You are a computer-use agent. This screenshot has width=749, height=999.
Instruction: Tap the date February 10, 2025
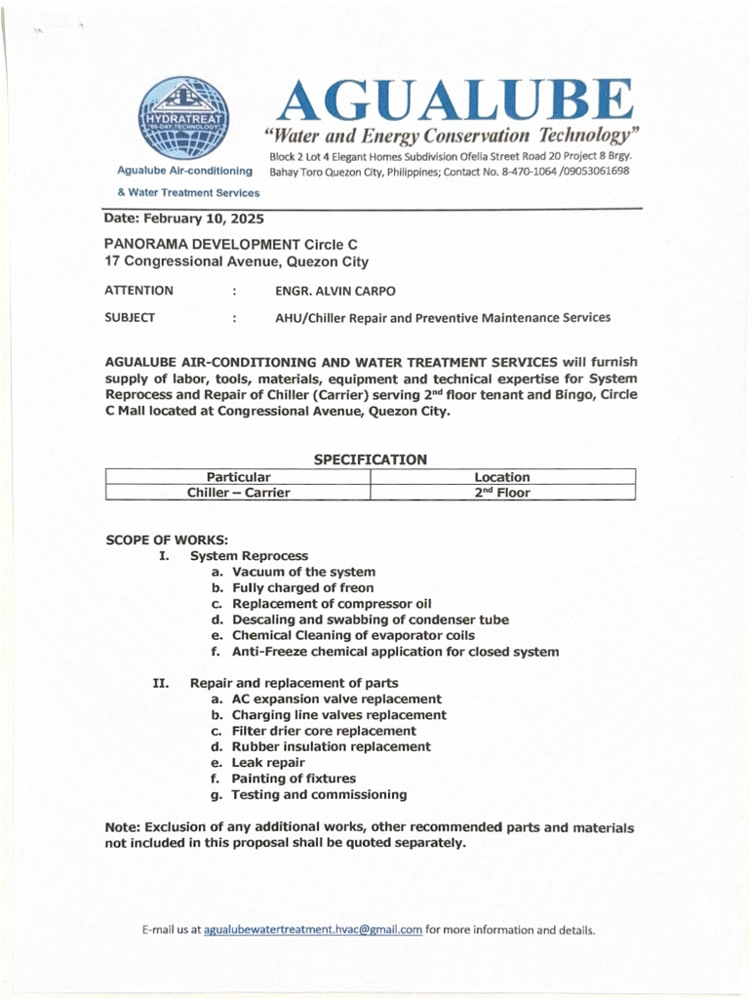pos(184,220)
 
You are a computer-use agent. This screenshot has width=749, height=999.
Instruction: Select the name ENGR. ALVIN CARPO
pos(335,291)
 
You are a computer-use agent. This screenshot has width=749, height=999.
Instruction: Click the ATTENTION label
pos(138,291)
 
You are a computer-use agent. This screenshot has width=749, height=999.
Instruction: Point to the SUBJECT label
pos(130,318)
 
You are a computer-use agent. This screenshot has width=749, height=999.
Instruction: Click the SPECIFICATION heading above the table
pos(370,460)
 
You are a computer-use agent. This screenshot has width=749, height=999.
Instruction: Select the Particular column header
pos(238,477)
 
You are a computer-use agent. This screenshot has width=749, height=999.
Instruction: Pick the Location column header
pos(501,477)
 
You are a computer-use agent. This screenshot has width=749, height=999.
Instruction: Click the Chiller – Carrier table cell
pos(238,493)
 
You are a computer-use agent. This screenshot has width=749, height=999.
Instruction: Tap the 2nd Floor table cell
pos(501,493)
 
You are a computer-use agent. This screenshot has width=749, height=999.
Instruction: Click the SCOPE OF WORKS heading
pos(167,539)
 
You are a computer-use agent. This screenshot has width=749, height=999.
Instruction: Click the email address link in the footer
pos(313,930)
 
